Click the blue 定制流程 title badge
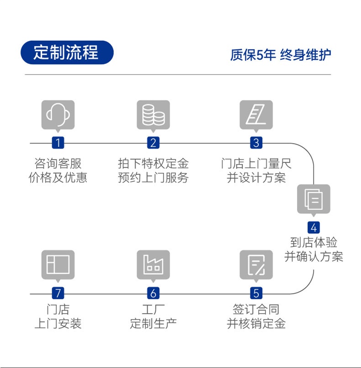click(x=67, y=53)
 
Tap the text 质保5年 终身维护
click(x=281, y=55)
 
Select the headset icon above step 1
click(x=58, y=115)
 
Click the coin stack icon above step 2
click(x=153, y=115)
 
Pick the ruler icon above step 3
click(x=256, y=115)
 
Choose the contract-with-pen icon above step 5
click(x=256, y=265)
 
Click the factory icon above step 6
click(x=153, y=265)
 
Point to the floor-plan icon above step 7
click(x=58, y=265)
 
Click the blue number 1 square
click(x=58, y=143)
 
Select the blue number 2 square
click(x=153, y=143)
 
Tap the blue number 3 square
click(x=256, y=143)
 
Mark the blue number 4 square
click(x=313, y=227)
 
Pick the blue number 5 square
click(x=256, y=293)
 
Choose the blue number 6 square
click(x=153, y=293)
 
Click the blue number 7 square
click(x=58, y=293)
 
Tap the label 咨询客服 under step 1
click(x=58, y=164)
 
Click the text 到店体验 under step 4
click(x=313, y=242)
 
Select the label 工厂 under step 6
click(x=153, y=309)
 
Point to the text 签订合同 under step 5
click(x=256, y=309)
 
